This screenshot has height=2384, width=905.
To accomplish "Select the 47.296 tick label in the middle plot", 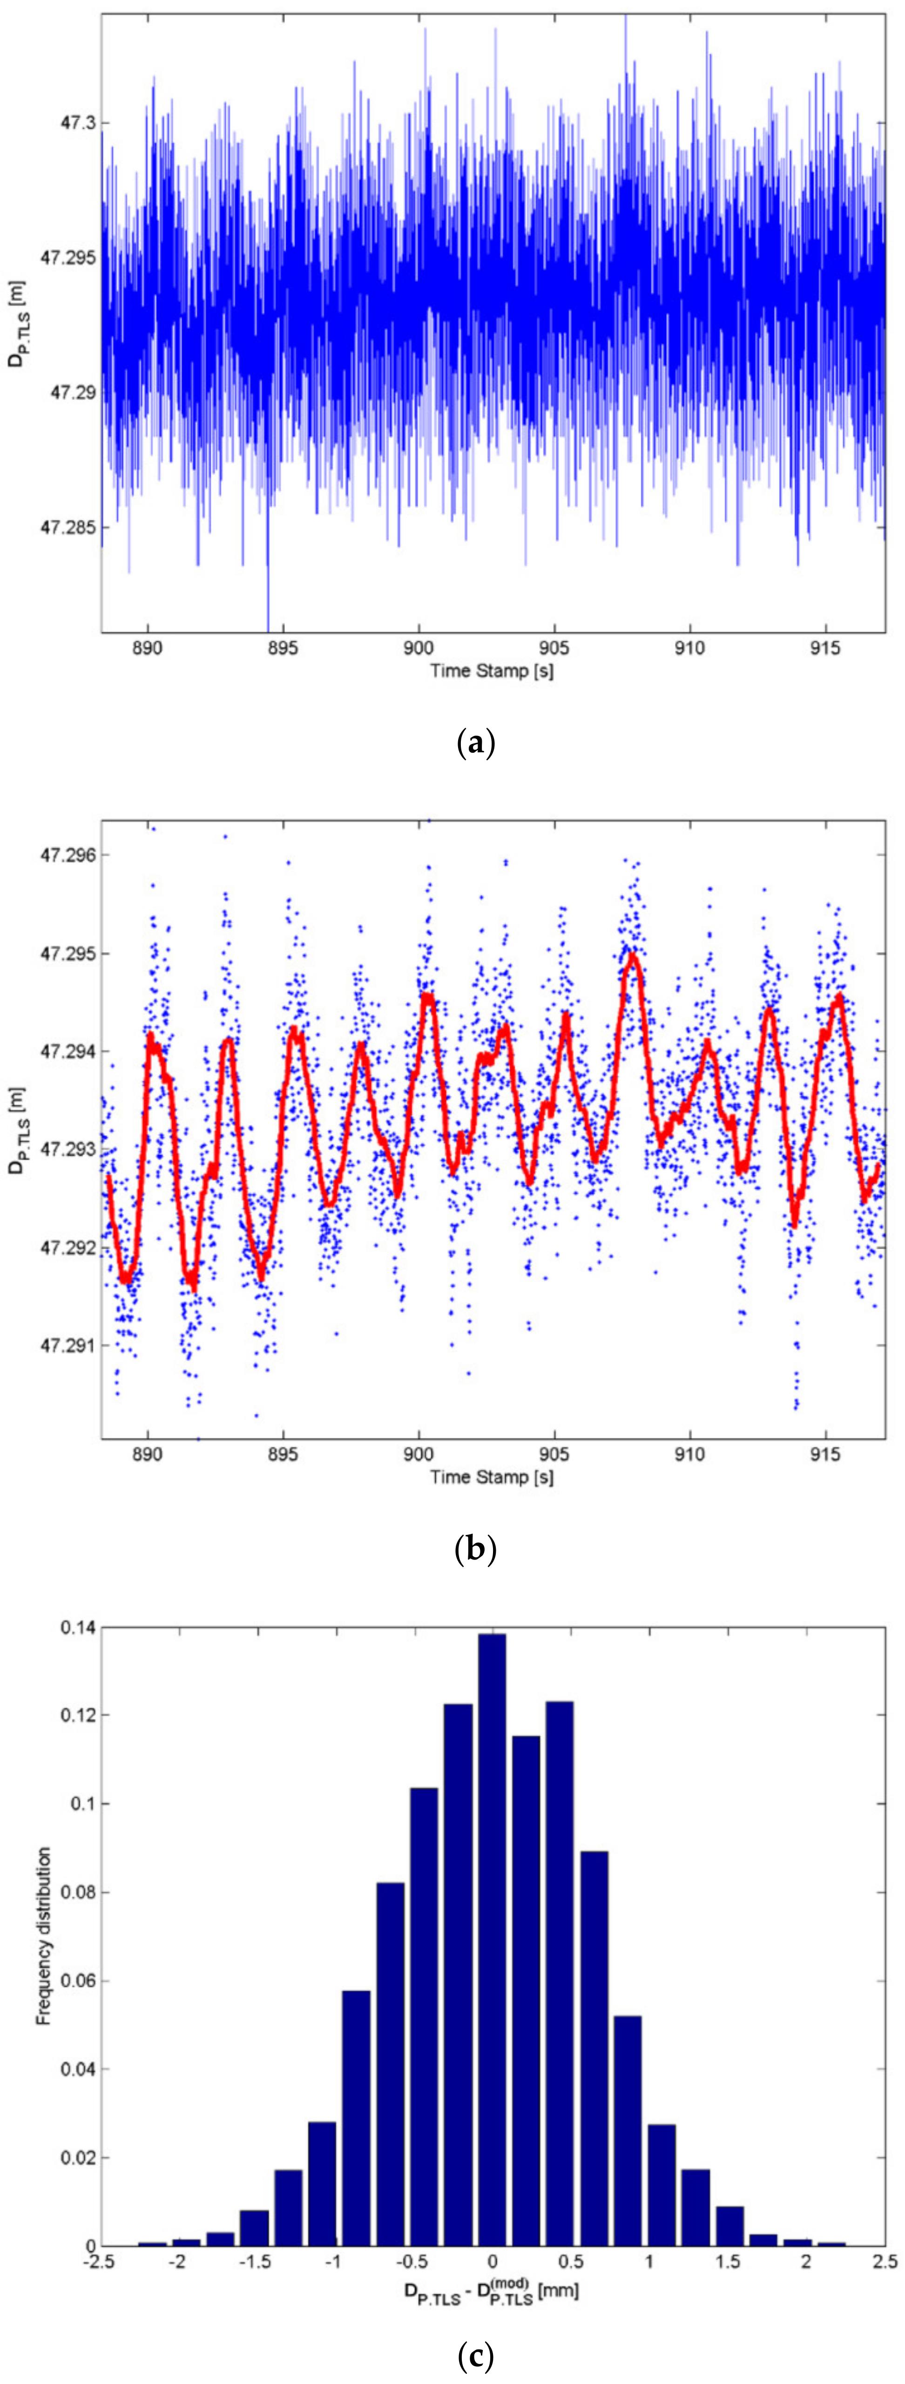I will click(62, 855).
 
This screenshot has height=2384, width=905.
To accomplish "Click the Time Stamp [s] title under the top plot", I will click(491, 671).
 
